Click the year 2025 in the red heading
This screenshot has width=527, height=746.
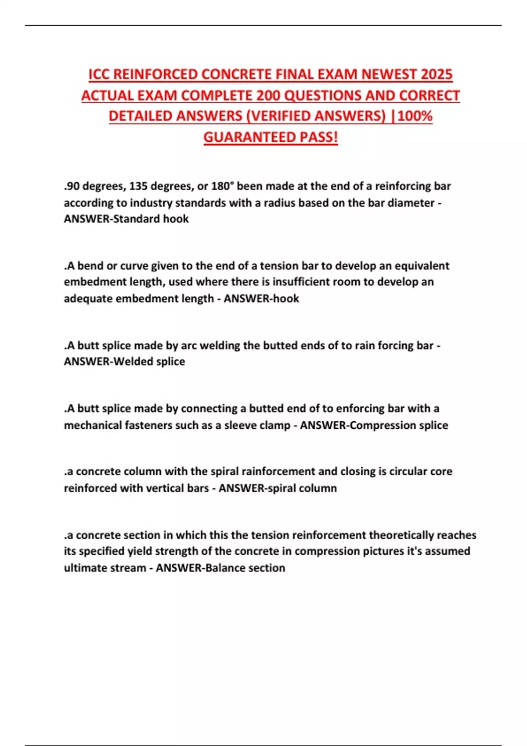pos(436,74)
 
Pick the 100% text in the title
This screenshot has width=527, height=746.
pos(415,116)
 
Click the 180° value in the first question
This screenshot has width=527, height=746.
pos(221,186)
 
